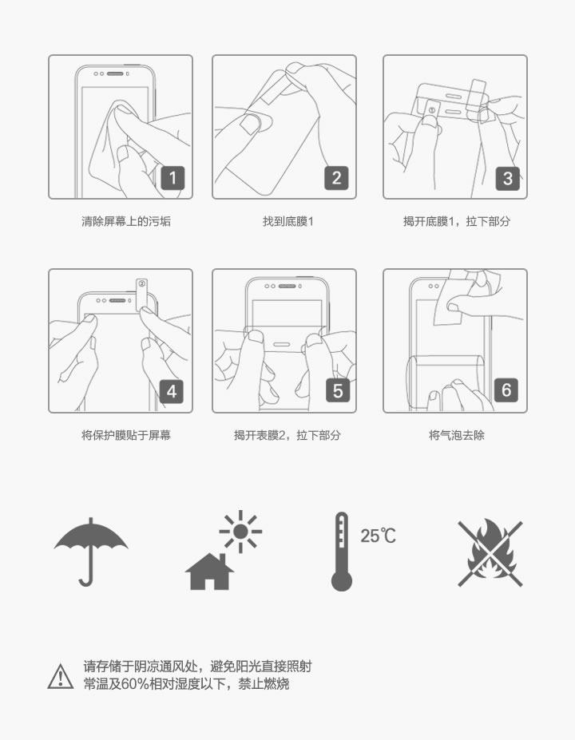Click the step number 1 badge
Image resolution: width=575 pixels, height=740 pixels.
click(172, 178)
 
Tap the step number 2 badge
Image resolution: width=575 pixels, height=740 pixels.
click(336, 178)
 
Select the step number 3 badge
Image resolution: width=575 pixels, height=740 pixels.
click(507, 178)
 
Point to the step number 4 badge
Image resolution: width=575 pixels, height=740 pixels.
click(172, 391)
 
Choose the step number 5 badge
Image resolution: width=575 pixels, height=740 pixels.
click(338, 390)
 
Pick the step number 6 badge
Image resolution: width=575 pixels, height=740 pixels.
click(506, 390)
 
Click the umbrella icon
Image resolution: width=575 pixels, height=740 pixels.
click(90, 552)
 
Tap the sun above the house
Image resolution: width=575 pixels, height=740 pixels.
click(240, 532)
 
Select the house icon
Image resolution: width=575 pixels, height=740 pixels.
click(209, 572)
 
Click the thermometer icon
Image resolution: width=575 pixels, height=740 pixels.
click(341, 552)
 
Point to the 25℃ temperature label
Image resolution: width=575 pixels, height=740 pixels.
click(378, 536)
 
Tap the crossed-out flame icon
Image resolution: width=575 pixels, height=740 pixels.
click(490, 553)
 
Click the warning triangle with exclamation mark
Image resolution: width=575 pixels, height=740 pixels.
click(61, 676)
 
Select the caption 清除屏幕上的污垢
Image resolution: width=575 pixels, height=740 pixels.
click(126, 221)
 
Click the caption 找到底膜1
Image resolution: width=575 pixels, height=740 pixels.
click(288, 221)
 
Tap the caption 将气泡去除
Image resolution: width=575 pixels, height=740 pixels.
click(457, 435)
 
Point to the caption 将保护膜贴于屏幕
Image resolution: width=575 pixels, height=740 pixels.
click(126, 435)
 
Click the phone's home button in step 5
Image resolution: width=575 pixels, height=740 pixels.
click(281, 345)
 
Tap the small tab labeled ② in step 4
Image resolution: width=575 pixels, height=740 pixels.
click(141, 294)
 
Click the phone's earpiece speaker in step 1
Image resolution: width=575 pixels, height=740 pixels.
click(115, 74)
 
